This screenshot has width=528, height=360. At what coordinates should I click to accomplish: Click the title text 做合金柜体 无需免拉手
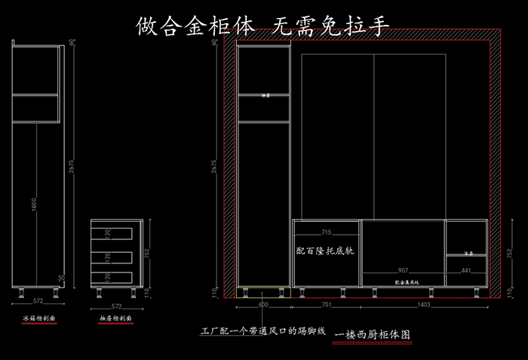pyautogui.click(x=263, y=26)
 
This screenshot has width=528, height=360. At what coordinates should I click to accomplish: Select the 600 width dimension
pyautogui.click(x=263, y=303)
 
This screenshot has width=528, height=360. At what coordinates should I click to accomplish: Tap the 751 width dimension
pyautogui.click(x=327, y=303)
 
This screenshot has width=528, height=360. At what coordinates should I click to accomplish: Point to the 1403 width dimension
pyautogui.click(x=426, y=303)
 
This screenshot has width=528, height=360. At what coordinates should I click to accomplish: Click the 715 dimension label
pyautogui.click(x=327, y=232)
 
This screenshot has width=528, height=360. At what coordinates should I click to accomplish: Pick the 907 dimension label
pyautogui.click(x=404, y=270)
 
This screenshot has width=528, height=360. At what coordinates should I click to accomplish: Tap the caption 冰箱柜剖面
pyautogui.click(x=38, y=318)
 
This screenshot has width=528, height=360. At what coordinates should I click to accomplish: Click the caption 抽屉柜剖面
pyautogui.click(x=115, y=319)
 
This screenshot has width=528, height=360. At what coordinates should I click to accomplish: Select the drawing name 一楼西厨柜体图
pyautogui.click(x=373, y=333)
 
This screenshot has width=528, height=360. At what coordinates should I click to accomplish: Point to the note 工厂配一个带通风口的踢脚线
pyautogui.click(x=261, y=331)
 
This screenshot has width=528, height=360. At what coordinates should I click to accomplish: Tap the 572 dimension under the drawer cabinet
pyautogui.click(x=116, y=306)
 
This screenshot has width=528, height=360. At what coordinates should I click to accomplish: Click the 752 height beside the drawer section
pyautogui.click(x=148, y=253)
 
